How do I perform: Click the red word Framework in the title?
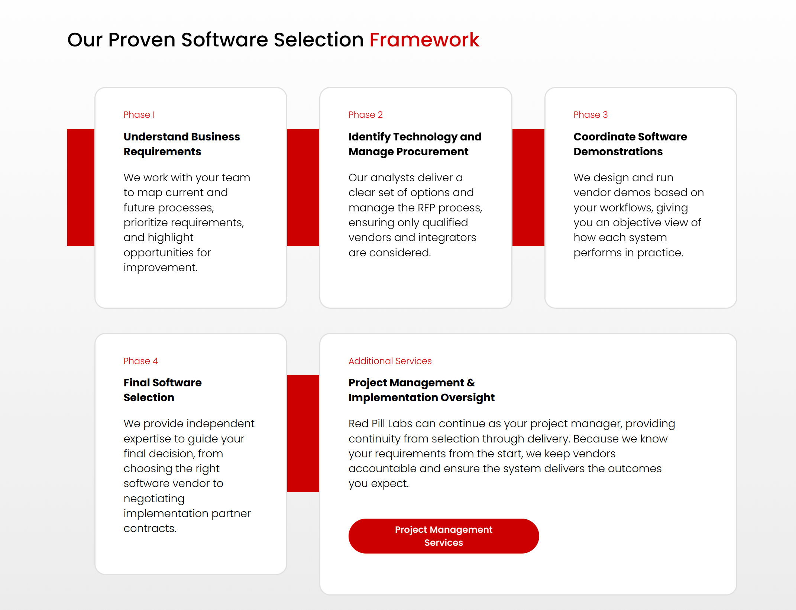pyautogui.click(x=424, y=40)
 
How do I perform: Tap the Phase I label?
pyautogui.click(x=139, y=115)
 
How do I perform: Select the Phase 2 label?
pyautogui.click(x=365, y=115)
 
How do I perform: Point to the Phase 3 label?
pyautogui.click(x=590, y=115)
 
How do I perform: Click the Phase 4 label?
pyautogui.click(x=140, y=361)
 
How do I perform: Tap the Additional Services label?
pyautogui.click(x=390, y=361)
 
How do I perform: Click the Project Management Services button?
pyautogui.click(x=443, y=536)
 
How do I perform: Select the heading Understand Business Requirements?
pyautogui.click(x=181, y=144)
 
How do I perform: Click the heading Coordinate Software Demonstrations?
pyautogui.click(x=630, y=144)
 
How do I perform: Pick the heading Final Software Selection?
pyautogui.click(x=162, y=390)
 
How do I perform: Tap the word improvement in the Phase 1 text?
pyautogui.click(x=160, y=267)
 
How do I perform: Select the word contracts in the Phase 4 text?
pyautogui.click(x=149, y=528)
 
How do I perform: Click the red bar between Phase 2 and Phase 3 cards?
pyautogui.click(x=528, y=187)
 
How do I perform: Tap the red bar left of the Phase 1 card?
pyautogui.click(x=81, y=187)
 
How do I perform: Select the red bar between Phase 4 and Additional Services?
pyautogui.click(x=303, y=433)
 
